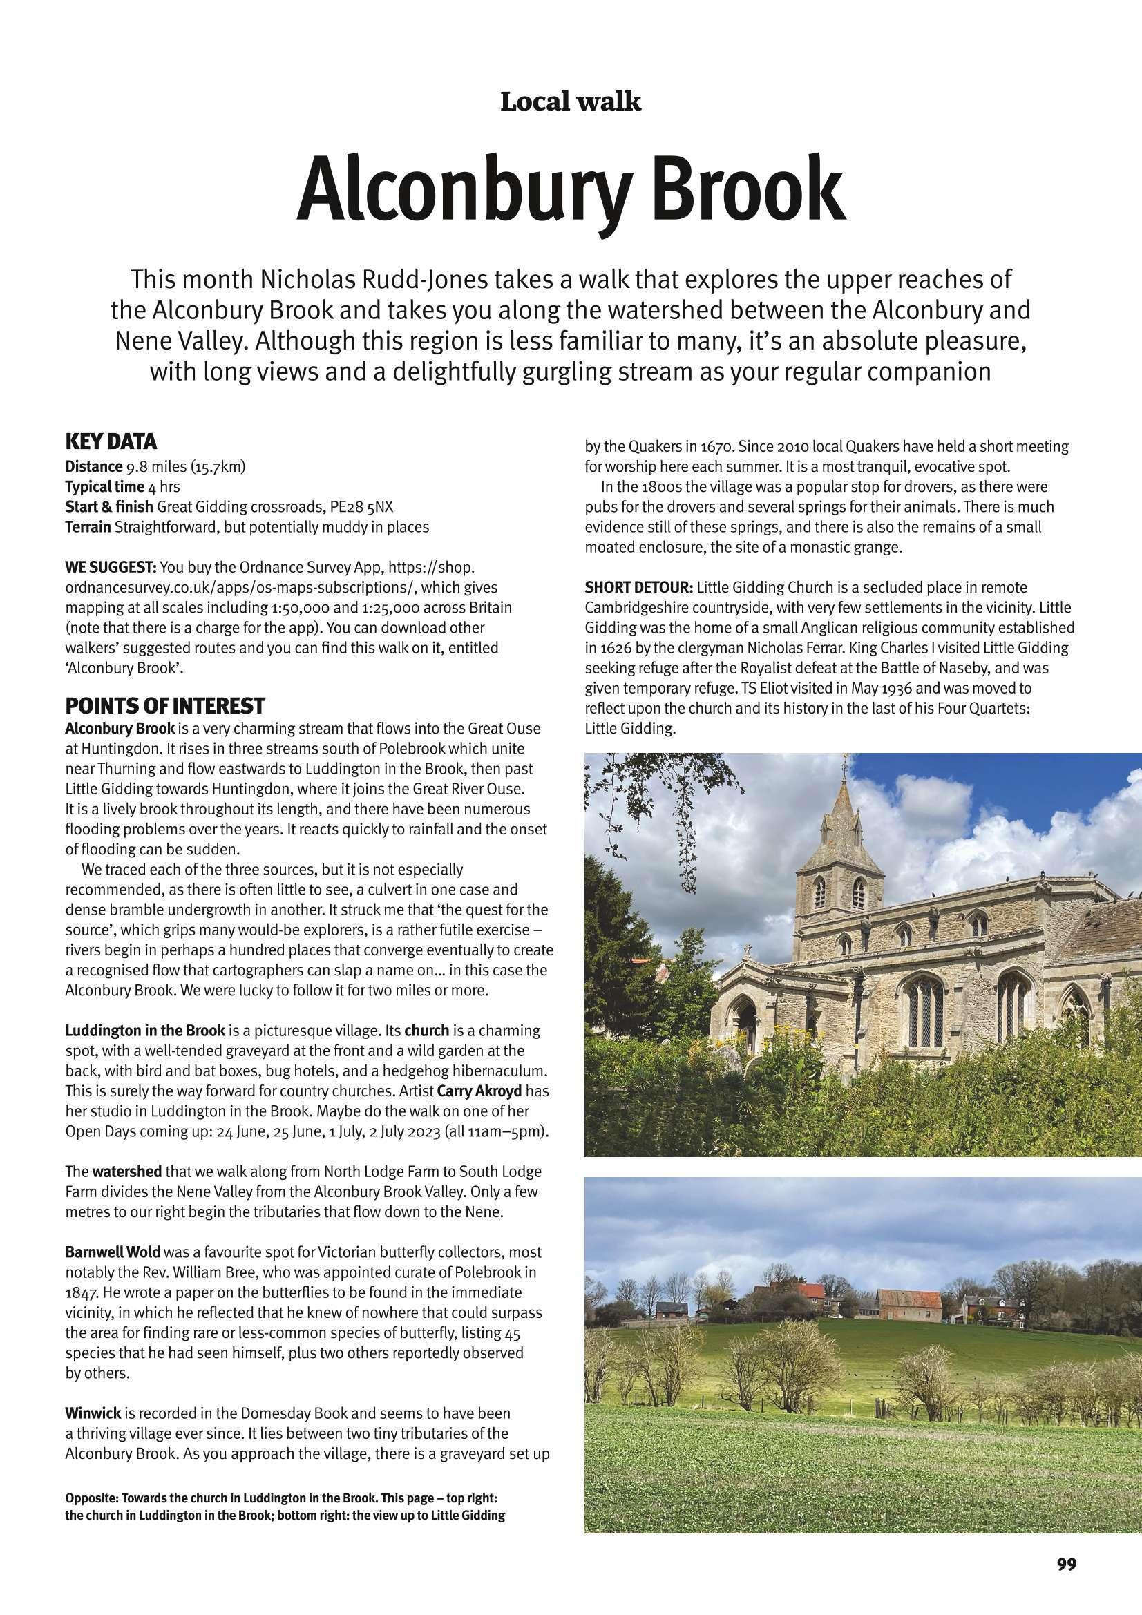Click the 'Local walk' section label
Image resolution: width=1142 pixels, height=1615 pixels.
571,102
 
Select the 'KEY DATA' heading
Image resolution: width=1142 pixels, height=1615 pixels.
111,443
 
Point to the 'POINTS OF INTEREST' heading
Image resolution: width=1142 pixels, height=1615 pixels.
165,705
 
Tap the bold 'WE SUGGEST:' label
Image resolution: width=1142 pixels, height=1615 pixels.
111,567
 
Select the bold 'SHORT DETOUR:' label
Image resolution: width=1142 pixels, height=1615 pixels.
639,586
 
